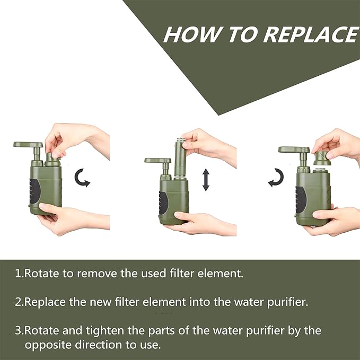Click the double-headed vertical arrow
tap(206, 180)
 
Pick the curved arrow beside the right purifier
tap(275, 179)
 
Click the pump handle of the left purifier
tap(28, 145)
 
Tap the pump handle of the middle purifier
tap(157, 160)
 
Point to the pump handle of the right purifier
tap(293, 150)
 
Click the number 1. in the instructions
tap(19, 274)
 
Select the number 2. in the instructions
tap(19, 302)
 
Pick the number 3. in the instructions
tap(19, 330)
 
